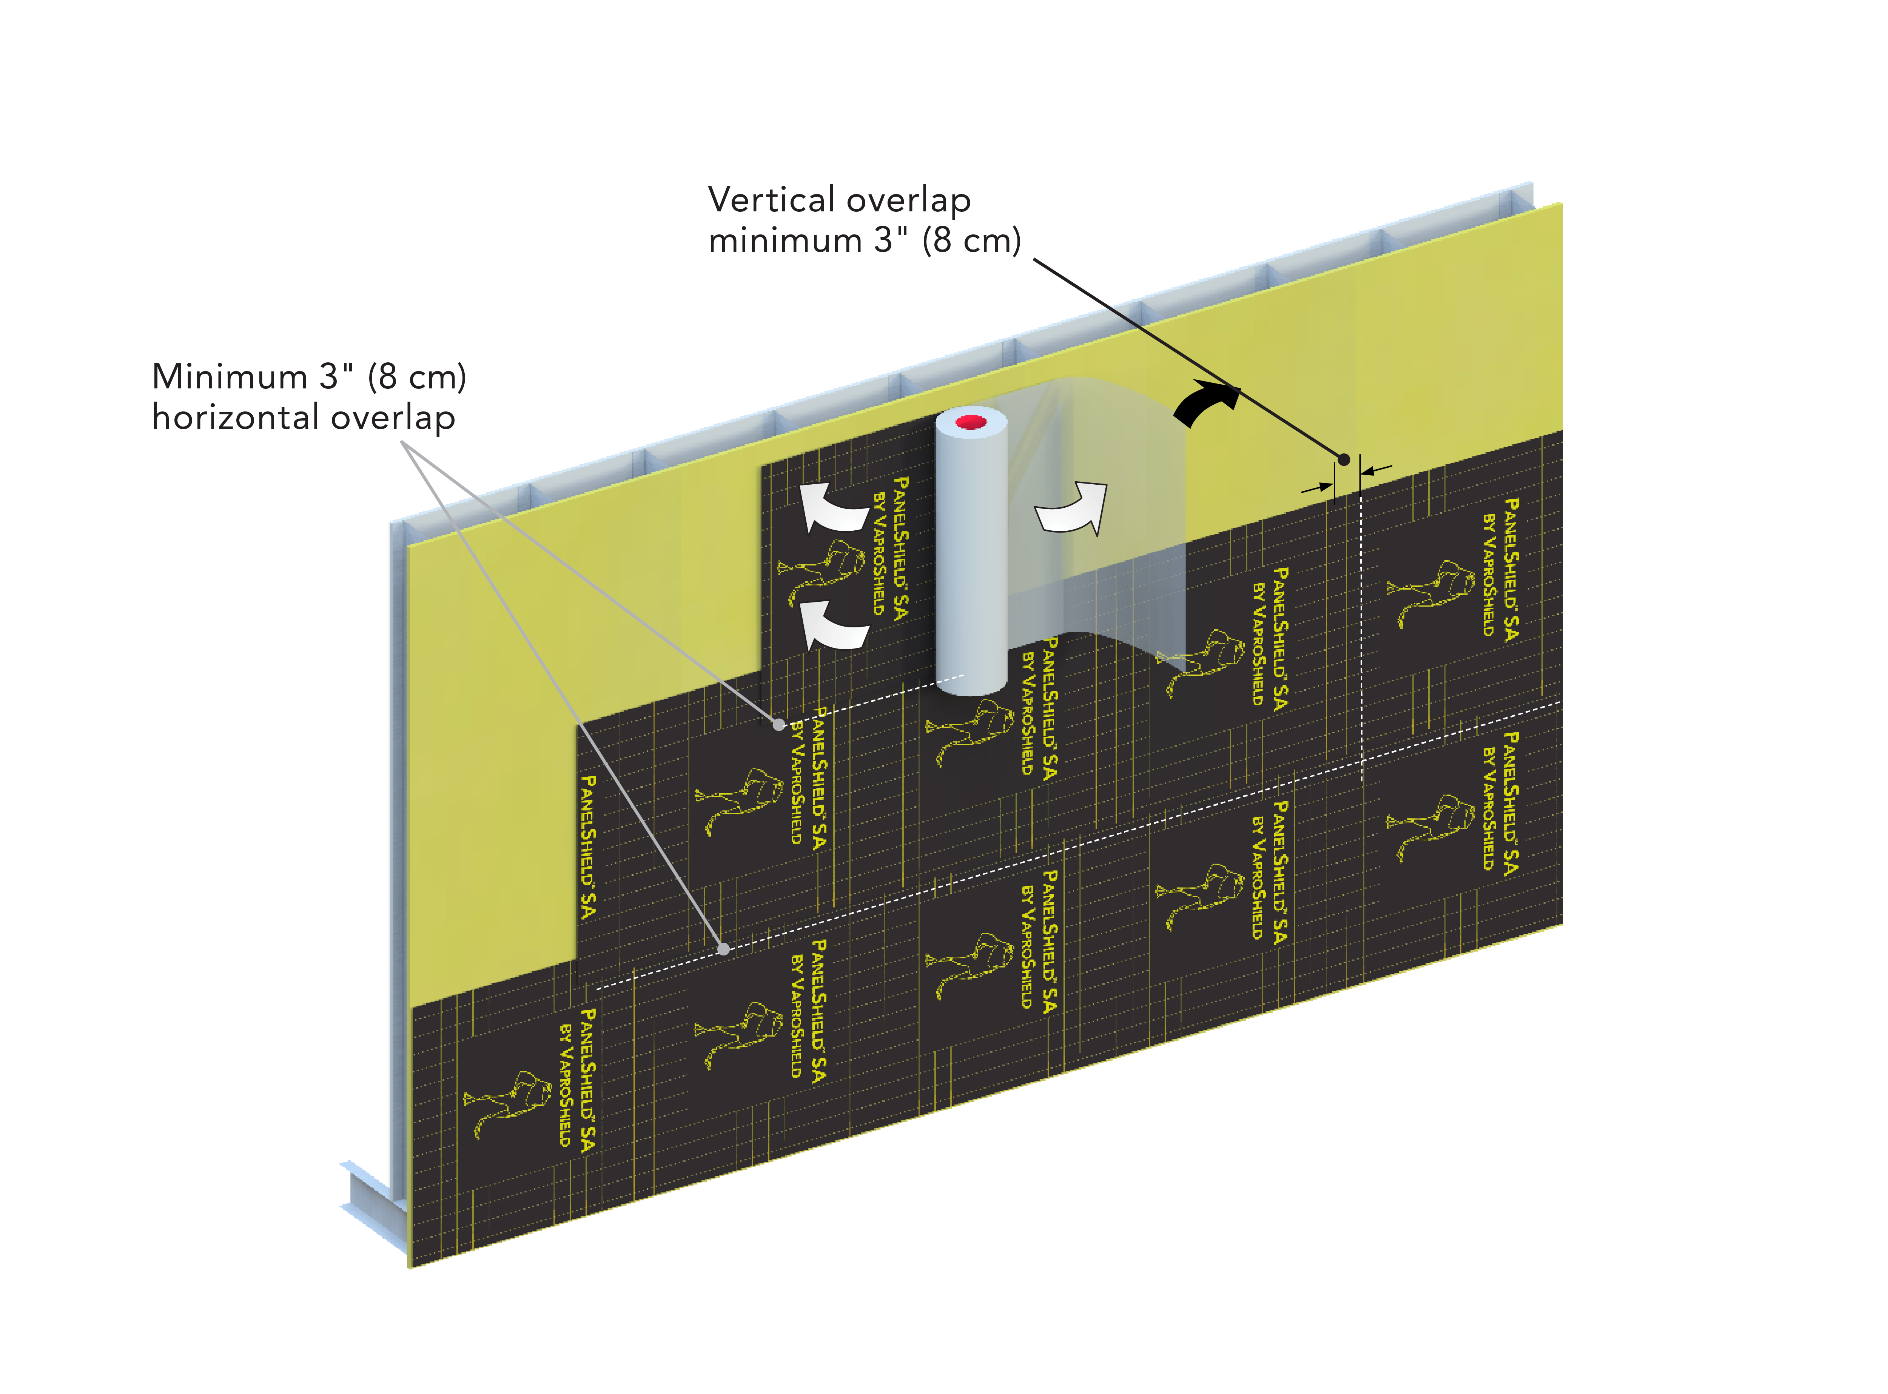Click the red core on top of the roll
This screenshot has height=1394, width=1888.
click(x=971, y=421)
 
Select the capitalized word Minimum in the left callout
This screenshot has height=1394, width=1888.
click(x=230, y=376)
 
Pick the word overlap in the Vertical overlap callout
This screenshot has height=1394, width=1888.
click(x=908, y=200)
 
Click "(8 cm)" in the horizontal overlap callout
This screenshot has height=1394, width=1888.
click(x=417, y=376)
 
